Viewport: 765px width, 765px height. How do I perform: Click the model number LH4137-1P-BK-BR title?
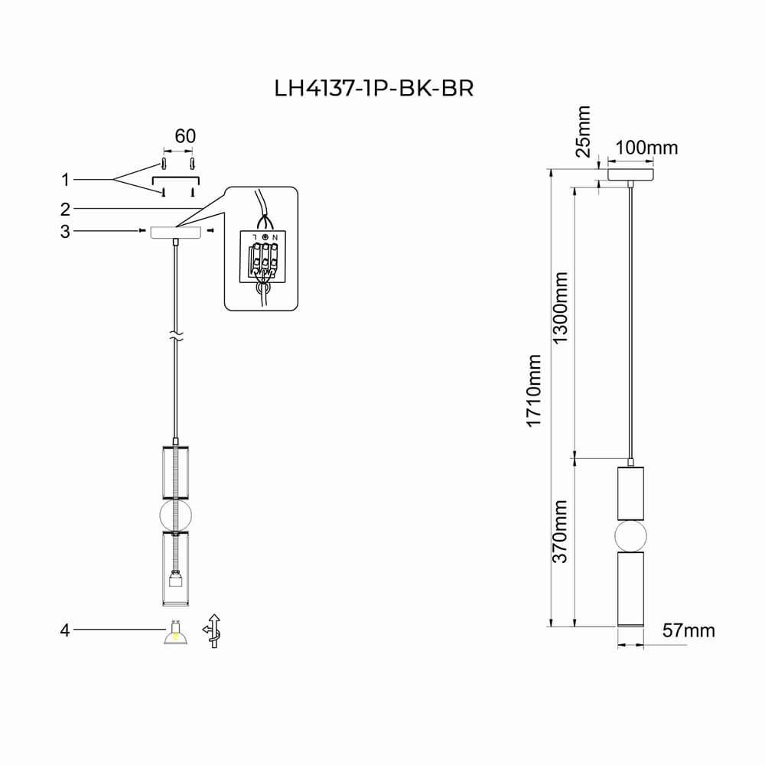tap(374, 88)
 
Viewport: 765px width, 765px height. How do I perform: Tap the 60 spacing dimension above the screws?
tap(185, 136)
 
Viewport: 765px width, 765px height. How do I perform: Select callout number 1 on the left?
tap(65, 180)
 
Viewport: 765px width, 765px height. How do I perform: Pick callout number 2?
tap(65, 210)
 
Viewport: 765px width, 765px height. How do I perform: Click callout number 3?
tap(65, 231)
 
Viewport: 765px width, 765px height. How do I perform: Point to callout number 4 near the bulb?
tap(65, 630)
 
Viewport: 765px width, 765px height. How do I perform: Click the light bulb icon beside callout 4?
tap(176, 633)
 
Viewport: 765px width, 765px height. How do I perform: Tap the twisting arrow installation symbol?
tap(213, 631)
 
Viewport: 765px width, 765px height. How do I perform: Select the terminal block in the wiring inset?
tap(262, 257)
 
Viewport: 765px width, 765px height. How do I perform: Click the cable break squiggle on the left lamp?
tap(176, 336)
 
